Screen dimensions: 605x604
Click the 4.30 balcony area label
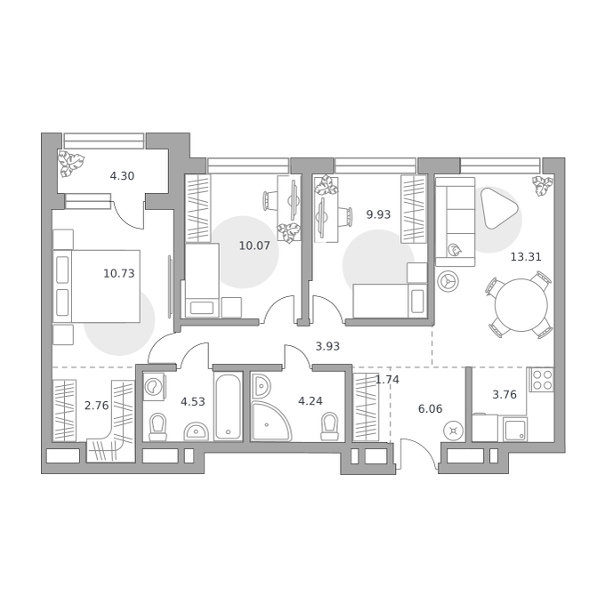(x=122, y=176)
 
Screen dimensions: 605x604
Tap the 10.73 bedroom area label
(x=119, y=273)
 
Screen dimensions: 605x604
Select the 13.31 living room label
(x=526, y=257)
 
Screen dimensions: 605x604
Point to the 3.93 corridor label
(x=327, y=346)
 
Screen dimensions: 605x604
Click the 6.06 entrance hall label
(x=431, y=409)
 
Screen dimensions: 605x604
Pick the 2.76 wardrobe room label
(x=96, y=406)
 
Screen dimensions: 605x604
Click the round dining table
(x=520, y=305)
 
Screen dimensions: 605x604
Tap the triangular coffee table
(x=497, y=208)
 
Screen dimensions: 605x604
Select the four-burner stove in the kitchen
(x=541, y=380)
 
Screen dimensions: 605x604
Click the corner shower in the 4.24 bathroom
(x=270, y=421)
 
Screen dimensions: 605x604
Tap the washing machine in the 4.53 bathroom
(x=154, y=386)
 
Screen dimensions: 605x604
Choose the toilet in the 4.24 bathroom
(x=329, y=427)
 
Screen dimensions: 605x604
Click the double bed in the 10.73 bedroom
(x=96, y=286)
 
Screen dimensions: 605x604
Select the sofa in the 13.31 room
(x=456, y=221)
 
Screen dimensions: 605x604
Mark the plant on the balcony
(x=71, y=164)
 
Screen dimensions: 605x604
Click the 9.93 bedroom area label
(x=378, y=214)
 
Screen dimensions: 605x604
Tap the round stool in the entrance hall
(x=453, y=431)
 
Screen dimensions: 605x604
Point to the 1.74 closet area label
(x=387, y=380)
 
